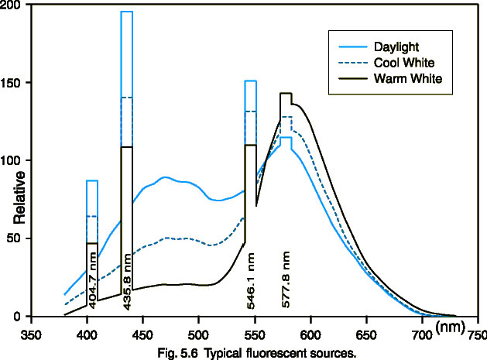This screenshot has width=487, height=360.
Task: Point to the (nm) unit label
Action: [450, 327]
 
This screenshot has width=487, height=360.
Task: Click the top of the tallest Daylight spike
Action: [127, 12]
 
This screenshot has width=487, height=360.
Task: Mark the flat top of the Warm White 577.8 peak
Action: [286, 94]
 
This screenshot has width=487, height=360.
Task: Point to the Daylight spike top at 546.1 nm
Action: [250, 81]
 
